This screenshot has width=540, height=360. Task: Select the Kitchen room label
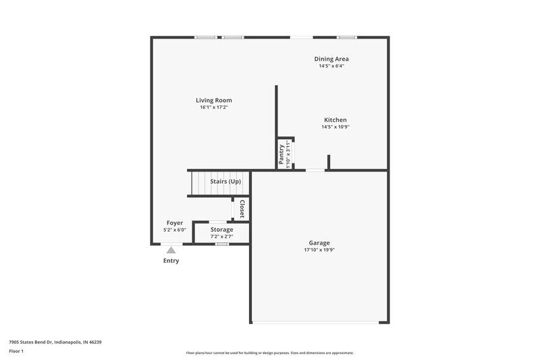click(335, 120)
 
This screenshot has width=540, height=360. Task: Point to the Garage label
click(319, 243)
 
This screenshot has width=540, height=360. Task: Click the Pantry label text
click(281, 155)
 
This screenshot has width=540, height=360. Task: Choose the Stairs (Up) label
click(225, 182)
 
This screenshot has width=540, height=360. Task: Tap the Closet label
click(242, 208)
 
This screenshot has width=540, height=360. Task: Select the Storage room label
click(221, 230)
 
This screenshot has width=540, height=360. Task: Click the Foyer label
click(175, 223)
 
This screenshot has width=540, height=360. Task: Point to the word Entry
click(171, 261)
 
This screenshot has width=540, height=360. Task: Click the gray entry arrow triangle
click(171, 251)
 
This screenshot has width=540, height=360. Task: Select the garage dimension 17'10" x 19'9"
click(319, 250)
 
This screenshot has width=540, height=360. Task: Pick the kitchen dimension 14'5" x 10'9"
click(335, 127)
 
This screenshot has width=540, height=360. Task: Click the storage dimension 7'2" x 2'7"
click(221, 236)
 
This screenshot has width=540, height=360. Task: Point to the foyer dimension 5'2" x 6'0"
click(175, 230)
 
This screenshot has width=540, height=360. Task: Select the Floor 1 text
click(16, 352)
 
